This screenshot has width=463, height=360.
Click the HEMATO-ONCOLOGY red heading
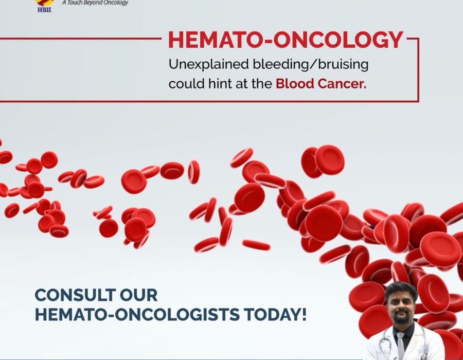(x=286, y=40)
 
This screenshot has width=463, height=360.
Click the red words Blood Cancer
(x=321, y=84)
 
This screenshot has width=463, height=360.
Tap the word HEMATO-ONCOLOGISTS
(x=137, y=314)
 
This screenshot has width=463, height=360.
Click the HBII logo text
(x=44, y=10)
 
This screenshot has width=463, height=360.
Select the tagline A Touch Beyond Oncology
(x=95, y=3)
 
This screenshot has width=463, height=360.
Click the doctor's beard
(x=402, y=317)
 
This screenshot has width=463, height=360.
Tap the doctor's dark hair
(x=401, y=289)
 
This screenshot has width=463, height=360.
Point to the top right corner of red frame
(x=418, y=38)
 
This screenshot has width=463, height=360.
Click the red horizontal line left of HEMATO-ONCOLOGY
(x=81, y=39)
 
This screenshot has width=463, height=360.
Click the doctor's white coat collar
(x=414, y=335)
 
